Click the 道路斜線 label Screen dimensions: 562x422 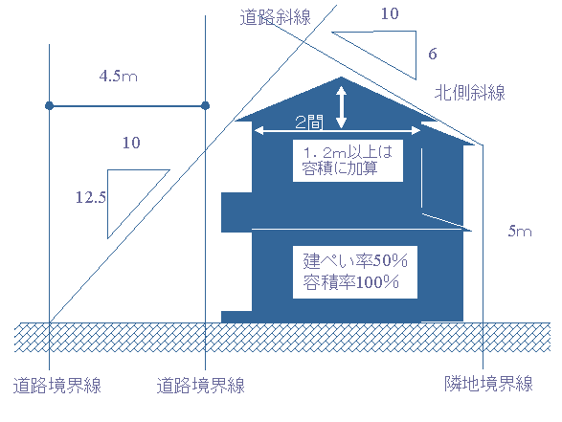click(276, 17)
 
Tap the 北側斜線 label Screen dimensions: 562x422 click(470, 93)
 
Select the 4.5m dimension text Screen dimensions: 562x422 click(119, 76)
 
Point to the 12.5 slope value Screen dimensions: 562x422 click(91, 197)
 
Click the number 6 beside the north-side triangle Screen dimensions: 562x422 click(433, 54)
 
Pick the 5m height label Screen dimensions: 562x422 click(520, 231)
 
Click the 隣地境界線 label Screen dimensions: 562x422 click(488, 384)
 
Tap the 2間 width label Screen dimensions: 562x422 click(309, 122)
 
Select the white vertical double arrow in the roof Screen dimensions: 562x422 click(341, 107)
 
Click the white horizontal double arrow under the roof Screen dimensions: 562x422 click(337, 131)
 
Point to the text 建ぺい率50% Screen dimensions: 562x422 click(355, 260)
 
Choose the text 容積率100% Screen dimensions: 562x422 click(351, 282)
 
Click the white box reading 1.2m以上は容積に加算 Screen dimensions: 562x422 click(348, 161)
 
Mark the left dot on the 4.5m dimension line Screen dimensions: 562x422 click(50, 105)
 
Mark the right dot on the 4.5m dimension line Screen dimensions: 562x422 click(206, 105)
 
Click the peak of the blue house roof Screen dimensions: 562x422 click(341, 77)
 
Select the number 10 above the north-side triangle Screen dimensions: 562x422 click(390, 13)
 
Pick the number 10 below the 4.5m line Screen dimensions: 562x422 click(131, 143)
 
